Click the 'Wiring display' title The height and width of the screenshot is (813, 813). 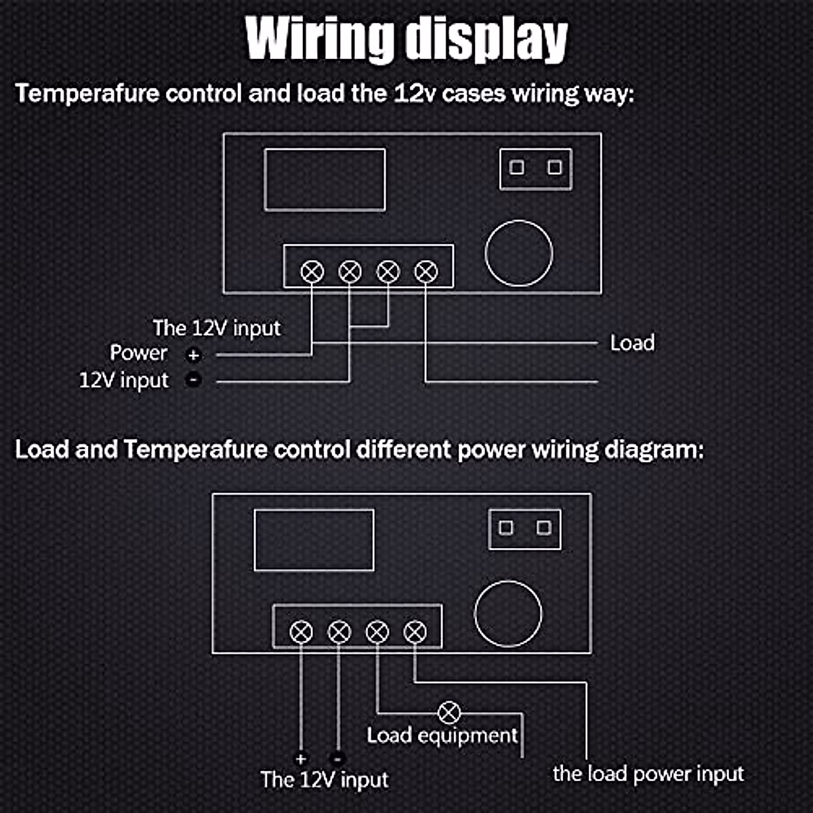click(x=406, y=39)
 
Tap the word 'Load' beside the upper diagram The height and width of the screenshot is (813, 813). click(x=632, y=343)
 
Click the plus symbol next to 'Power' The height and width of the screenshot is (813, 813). click(x=194, y=355)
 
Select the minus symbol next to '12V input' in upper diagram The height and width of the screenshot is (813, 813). click(x=194, y=380)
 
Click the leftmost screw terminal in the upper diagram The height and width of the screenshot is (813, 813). click(x=312, y=271)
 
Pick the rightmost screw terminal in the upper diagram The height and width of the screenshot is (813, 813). click(x=426, y=271)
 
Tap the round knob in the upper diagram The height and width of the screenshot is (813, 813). click(x=519, y=253)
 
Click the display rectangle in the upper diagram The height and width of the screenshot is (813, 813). click(x=325, y=180)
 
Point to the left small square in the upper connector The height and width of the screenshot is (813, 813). click(x=517, y=167)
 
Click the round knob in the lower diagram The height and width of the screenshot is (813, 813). click(x=508, y=613)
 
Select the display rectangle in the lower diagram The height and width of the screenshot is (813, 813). click(x=314, y=540)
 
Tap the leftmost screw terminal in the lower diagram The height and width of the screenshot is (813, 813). click(x=301, y=631)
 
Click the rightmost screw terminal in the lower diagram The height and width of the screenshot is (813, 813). click(x=415, y=631)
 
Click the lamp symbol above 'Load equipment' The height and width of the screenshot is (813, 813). click(x=449, y=713)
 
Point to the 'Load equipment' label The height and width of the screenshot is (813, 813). click(x=442, y=736)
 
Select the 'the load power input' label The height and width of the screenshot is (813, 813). click(x=648, y=774)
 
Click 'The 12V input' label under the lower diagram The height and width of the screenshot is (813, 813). click(x=325, y=779)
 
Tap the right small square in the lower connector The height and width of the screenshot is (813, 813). click(x=544, y=527)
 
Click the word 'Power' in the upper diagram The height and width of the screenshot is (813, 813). click(x=138, y=353)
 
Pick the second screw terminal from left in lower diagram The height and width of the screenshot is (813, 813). click(x=339, y=631)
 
